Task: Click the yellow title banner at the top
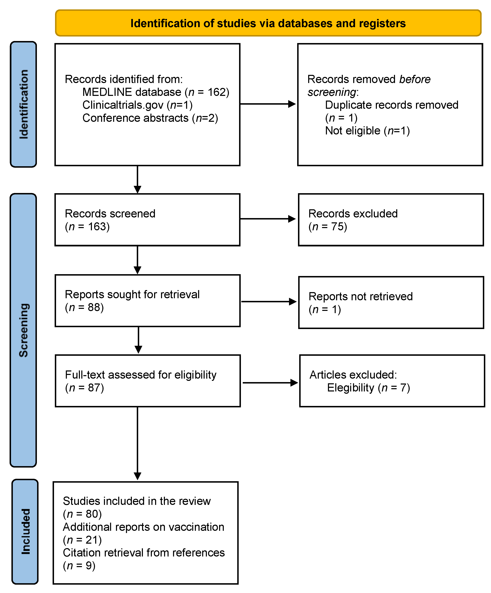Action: click(x=268, y=23)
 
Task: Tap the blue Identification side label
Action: click(x=23, y=104)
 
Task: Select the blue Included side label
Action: click(x=25, y=531)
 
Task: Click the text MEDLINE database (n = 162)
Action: click(x=156, y=92)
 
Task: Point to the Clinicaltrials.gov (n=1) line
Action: click(x=137, y=105)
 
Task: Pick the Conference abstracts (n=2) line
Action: click(x=150, y=118)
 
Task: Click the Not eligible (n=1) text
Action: click(x=367, y=131)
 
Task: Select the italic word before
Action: click(x=415, y=79)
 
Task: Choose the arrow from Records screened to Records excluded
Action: click(x=267, y=218)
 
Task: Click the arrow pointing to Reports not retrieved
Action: click(x=269, y=301)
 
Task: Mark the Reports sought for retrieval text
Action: click(x=132, y=295)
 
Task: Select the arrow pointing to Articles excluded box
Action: click(x=270, y=383)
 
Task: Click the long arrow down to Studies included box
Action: click(x=137, y=443)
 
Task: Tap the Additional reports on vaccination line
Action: click(x=143, y=527)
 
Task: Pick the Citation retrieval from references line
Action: click(x=144, y=553)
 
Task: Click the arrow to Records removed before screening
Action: click(x=267, y=104)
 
